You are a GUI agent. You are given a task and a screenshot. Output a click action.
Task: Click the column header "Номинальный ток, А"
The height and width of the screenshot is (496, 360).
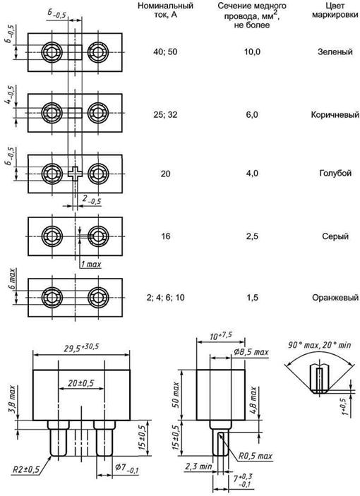(165, 10)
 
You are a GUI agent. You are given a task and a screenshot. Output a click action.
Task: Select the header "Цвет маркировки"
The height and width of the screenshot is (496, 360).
(335, 10)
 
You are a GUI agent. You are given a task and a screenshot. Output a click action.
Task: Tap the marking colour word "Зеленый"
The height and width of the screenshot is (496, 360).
(335, 52)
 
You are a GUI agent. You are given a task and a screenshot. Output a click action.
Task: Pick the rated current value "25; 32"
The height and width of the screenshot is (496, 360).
(165, 114)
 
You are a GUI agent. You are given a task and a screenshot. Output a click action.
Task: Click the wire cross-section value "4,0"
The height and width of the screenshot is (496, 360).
(252, 174)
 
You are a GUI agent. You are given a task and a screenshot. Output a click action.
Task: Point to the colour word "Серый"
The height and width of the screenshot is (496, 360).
(335, 236)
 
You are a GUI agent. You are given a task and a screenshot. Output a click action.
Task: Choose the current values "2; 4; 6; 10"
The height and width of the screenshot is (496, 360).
(165, 297)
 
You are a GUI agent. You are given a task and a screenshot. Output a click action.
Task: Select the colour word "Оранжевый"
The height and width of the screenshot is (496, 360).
(335, 297)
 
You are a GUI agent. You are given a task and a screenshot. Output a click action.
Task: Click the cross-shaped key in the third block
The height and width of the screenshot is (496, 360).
(75, 174)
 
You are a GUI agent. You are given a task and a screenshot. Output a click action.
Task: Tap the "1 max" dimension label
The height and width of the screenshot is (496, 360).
(91, 264)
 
